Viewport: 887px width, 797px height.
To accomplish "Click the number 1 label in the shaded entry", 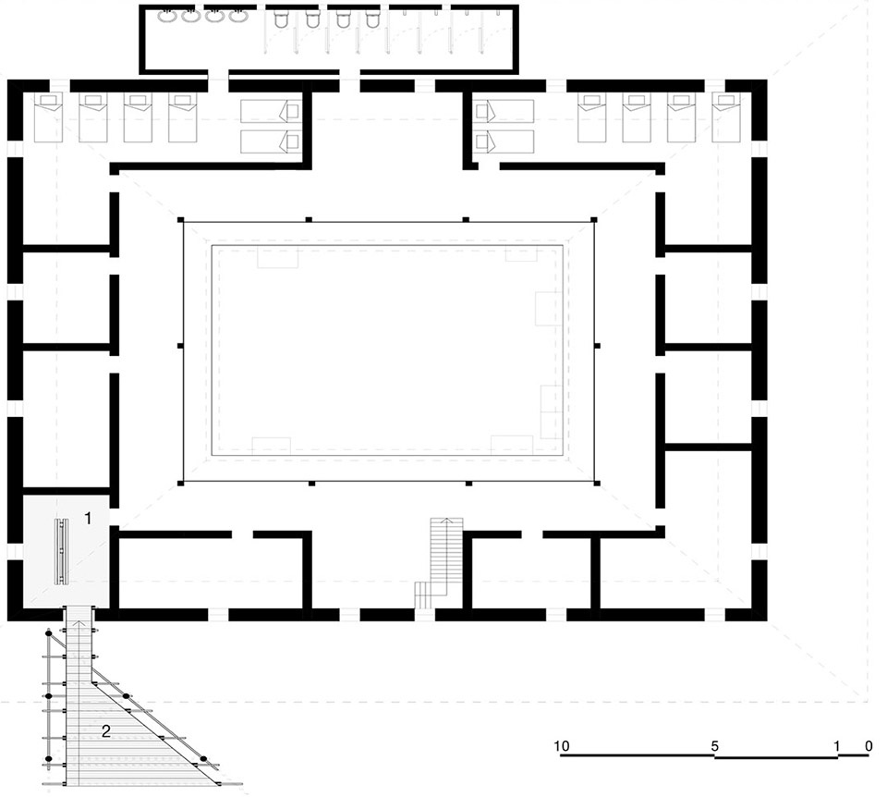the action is [88, 518].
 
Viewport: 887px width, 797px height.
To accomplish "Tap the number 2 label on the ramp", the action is [105, 731].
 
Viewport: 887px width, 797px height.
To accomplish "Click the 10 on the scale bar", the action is [561, 745].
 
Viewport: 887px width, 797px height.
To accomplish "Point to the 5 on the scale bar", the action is [714, 746].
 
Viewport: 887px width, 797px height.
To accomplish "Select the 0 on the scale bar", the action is [869, 746].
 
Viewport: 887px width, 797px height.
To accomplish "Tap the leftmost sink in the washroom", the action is [167, 17].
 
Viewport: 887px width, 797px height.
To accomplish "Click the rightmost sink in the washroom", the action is [238, 17].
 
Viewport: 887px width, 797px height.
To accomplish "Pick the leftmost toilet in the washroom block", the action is [281, 19].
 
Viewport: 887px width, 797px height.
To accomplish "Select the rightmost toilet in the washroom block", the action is [372, 19].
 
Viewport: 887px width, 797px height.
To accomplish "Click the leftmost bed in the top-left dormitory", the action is [48, 117].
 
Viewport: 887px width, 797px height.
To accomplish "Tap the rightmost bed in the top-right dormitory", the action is [726, 117].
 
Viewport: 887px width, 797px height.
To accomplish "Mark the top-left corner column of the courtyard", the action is [180, 220].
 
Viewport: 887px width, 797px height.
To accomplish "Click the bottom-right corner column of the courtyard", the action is [596, 483].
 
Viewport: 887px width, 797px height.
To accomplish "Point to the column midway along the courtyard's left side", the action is [180, 345].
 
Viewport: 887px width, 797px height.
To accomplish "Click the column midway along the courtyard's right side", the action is [597, 345].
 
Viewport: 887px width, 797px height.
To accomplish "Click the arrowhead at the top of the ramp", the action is [80, 623].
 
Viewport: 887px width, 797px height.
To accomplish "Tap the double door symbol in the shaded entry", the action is [61, 551].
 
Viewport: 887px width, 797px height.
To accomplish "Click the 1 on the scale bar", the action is [837, 746].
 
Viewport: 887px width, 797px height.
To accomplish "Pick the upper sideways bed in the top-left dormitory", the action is [271, 111].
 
